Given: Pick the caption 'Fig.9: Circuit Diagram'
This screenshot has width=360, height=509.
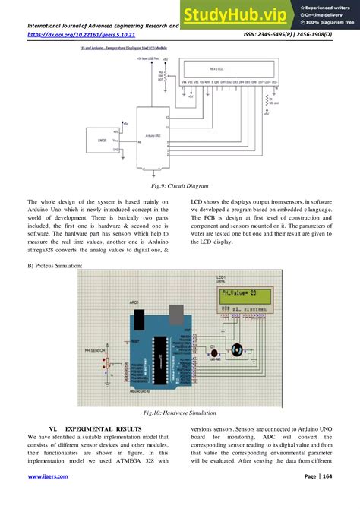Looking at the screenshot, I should [179, 185].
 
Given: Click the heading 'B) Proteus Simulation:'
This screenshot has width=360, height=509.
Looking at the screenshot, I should [55, 265].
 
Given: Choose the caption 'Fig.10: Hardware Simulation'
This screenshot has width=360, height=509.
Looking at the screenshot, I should [179, 413].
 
